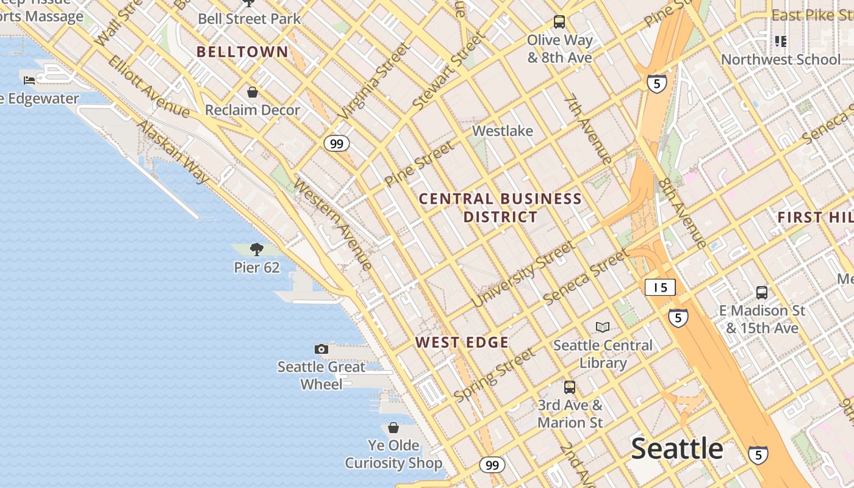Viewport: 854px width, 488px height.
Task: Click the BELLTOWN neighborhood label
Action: [x=242, y=52]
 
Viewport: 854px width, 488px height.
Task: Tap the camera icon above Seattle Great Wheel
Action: [x=321, y=349]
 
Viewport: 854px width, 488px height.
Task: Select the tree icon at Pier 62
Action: [x=257, y=249]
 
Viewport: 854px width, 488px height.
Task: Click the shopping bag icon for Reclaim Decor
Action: [x=253, y=92]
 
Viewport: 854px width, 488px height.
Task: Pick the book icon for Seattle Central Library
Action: [x=603, y=327]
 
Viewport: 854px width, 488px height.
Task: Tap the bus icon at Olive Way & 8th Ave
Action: [x=559, y=22]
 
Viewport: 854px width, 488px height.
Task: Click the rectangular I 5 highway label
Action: [x=660, y=287]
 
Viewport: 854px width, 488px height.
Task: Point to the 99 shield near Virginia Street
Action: [x=336, y=143]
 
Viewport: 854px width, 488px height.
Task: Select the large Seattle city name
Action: [x=677, y=449]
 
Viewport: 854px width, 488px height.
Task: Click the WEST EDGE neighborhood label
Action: [x=462, y=342]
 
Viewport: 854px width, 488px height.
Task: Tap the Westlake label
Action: [x=503, y=131]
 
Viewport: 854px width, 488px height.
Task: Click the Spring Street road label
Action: [x=495, y=375]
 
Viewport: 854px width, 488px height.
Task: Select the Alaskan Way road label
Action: [x=173, y=152]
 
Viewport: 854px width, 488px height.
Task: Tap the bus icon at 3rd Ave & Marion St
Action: [x=570, y=387]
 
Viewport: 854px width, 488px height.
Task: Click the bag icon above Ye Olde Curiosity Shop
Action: [x=393, y=428]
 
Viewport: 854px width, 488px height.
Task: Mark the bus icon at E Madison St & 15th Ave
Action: [x=762, y=292]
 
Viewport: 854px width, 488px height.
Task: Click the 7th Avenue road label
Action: [x=588, y=129]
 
